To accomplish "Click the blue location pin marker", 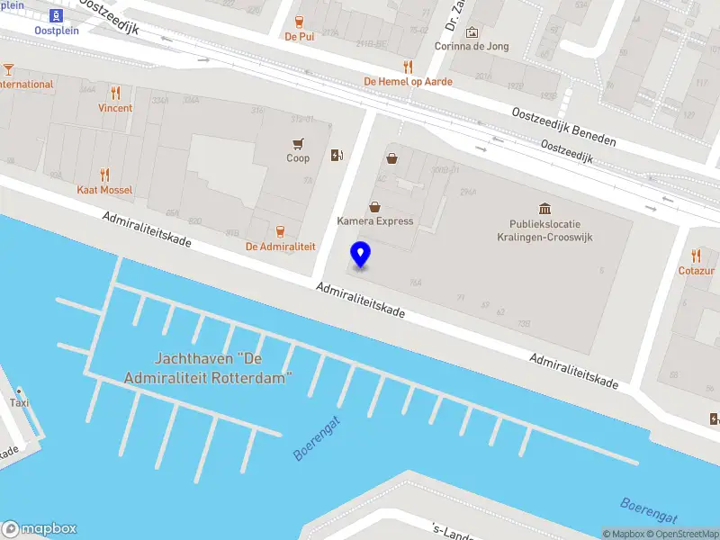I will [360, 255].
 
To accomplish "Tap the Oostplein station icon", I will [57, 15].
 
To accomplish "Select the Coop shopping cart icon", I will [297, 142].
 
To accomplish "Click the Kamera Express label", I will [375, 221].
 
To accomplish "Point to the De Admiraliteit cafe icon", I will [279, 230].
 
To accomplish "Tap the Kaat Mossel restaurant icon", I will [104, 175].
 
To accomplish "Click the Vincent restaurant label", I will [115, 108].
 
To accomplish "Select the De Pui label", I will [298, 38].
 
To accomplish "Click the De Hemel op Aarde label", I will [408, 81].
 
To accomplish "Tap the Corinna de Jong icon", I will [471, 32].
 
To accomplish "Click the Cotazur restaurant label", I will [696, 270].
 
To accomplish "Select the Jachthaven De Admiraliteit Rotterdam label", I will [224, 368].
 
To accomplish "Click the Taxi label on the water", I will [19, 403].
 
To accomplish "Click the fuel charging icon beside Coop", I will [337, 155].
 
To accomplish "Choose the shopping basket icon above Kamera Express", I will [391, 158].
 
